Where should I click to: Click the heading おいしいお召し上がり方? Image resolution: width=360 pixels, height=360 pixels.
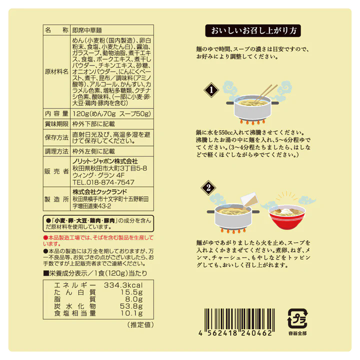[x=253, y=30]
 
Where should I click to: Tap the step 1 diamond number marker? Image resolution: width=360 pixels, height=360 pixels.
[x=211, y=90]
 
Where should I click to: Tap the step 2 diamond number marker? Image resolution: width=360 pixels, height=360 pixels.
[x=208, y=187]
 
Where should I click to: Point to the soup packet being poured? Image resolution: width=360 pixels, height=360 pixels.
[x=249, y=200]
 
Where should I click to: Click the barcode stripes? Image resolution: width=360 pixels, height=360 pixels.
[x=239, y=319]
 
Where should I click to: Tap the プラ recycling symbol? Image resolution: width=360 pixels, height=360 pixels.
[x=297, y=318]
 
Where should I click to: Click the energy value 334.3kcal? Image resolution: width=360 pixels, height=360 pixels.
[x=123, y=285]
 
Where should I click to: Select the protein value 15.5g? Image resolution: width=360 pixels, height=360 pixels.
[x=131, y=292]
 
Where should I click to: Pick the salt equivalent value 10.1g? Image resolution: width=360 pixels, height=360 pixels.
[x=131, y=313]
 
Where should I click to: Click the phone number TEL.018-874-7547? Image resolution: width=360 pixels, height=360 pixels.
[x=103, y=182]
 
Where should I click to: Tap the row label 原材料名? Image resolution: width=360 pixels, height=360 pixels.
[x=56, y=71]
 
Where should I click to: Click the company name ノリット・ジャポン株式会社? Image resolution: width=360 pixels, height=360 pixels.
[x=105, y=161]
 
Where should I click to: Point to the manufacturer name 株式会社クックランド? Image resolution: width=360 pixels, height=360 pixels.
[x=99, y=191]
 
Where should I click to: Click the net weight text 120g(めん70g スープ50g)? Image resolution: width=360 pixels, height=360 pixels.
[x=111, y=113]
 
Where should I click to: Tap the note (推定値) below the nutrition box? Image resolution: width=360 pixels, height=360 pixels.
[x=140, y=324]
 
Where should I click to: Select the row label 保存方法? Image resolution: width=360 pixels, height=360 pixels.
[x=56, y=137]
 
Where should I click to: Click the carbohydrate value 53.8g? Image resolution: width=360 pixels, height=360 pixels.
[x=131, y=306]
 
